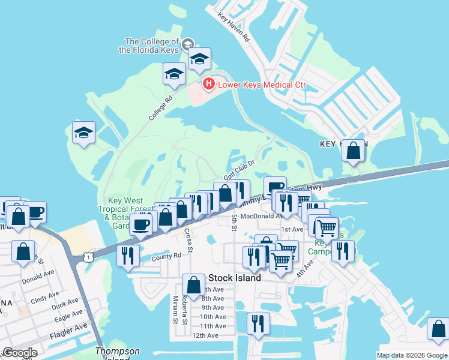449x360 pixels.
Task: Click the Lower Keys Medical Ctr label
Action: point(262,85)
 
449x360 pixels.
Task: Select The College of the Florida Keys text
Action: point(152,46)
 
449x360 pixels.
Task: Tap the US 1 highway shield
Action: point(88,256)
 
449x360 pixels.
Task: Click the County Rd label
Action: point(166,256)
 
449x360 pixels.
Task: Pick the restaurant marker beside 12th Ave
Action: point(258,324)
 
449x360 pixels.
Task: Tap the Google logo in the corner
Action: point(20,353)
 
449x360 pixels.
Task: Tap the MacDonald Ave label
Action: point(262,216)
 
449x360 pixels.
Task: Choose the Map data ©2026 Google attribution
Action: point(411,355)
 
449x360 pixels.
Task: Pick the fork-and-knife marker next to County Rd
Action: point(128,256)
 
